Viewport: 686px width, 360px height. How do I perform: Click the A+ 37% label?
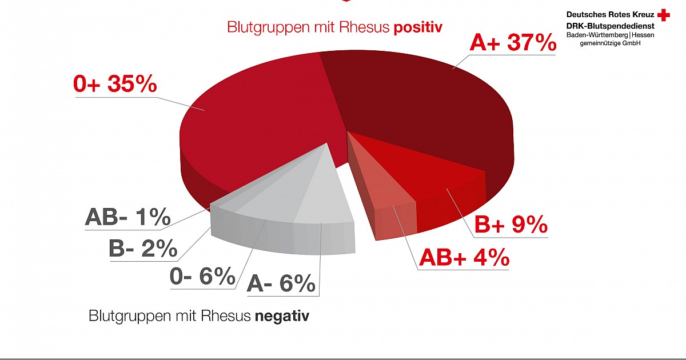tap(513, 43)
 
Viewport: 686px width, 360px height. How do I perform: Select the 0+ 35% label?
tap(115, 84)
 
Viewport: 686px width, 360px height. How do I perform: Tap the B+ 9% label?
tap(510, 225)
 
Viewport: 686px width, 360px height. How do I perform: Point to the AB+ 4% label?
tap(464, 258)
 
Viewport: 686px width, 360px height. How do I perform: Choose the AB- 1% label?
tap(128, 217)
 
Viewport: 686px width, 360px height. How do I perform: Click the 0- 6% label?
tap(202, 277)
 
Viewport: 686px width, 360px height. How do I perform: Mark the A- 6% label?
tap(281, 283)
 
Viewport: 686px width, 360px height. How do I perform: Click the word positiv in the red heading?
tap(418, 27)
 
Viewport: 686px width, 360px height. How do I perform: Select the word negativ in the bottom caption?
tap(282, 316)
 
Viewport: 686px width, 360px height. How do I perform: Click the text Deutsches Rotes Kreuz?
tap(610, 13)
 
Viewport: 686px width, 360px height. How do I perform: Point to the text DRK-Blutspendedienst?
tap(610, 25)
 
